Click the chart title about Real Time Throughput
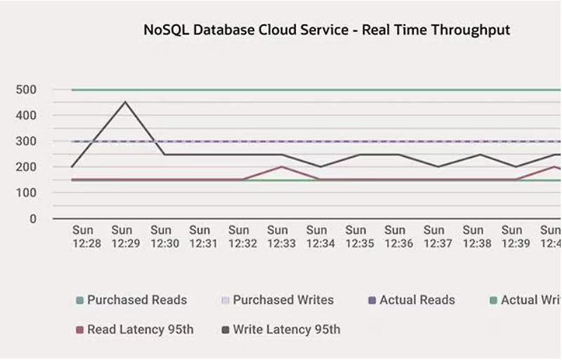(x=327, y=30)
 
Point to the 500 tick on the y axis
(x=26, y=89)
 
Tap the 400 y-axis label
(x=26, y=115)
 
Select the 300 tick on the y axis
(x=26, y=141)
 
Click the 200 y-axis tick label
(x=26, y=167)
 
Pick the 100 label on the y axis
(x=26, y=193)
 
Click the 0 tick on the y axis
(x=32, y=219)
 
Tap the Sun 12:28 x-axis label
(x=83, y=236)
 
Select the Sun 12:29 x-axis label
(x=122, y=236)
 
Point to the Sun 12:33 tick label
(x=278, y=236)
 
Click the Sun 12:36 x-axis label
(x=395, y=236)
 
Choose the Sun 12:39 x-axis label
(x=512, y=236)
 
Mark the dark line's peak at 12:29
(x=125, y=102)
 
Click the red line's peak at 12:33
(x=281, y=167)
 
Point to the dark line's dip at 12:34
(x=320, y=167)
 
